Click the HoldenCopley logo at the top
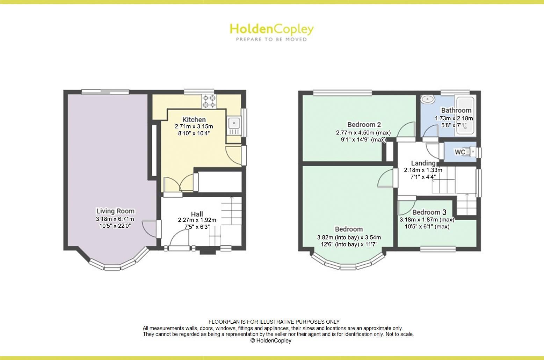(x=271, y=29)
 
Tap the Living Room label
(x=115, y=211)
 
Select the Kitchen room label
(x=194, y=119)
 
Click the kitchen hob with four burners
(x=209, y=101)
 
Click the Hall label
(x=197, y=214)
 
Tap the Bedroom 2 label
(x=364, y=124)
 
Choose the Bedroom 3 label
(x=429, y=212)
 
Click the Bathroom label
(x=456, y=110)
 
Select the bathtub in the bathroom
(x=465, y=116)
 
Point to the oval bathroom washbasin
(x=427, y=100)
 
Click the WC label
(x=460, y=152)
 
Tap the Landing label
(x=423, y=163)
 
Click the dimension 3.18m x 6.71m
(x=115, y=219)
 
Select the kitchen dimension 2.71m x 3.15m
(x=194, y=126)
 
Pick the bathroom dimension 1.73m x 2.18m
(x=454, y=118)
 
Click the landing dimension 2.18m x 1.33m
(x=423, y=170)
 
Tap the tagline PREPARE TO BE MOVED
(x=271, y=39)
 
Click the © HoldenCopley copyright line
(x=271, y=341)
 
